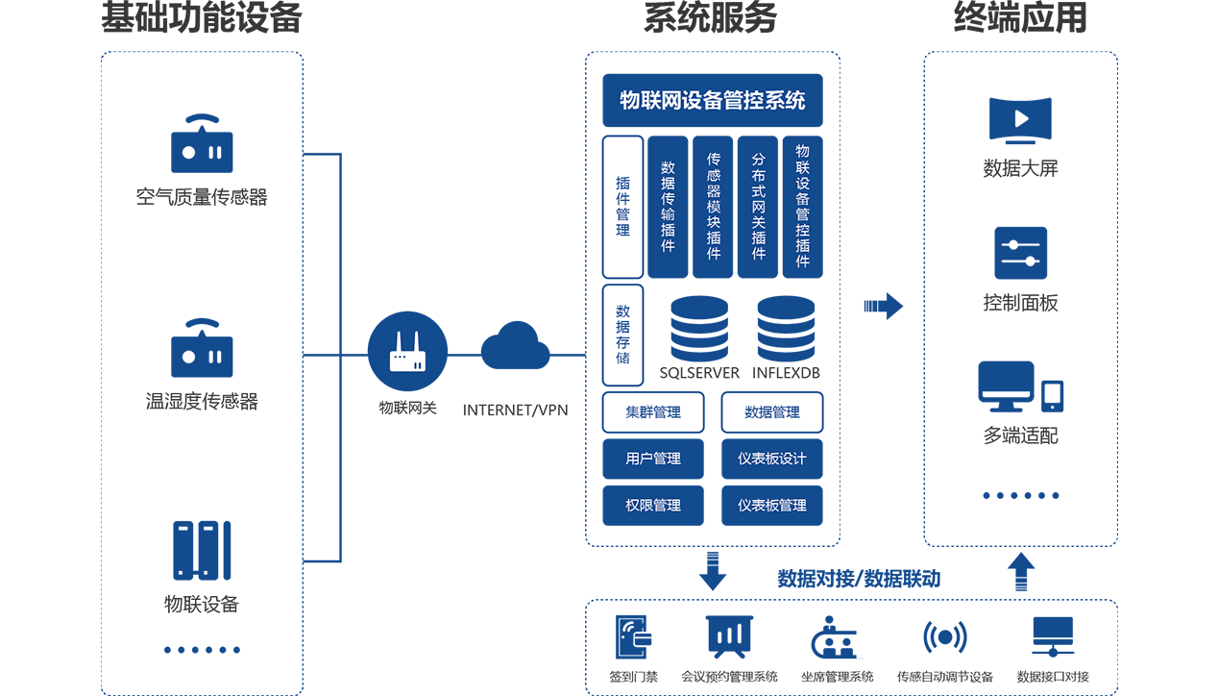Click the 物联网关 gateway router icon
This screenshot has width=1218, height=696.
[407, 353]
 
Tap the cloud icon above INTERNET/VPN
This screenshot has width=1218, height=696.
[516, 347]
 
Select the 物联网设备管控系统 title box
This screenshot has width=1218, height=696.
[713, 100]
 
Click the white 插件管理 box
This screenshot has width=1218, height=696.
[622, 206]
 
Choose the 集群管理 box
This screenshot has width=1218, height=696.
[653, 412]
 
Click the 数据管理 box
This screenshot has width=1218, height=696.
[772, 412]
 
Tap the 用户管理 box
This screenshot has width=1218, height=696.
[653, 459]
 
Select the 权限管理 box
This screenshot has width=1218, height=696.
[653, 505]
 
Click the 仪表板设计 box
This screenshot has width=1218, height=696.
[772, 459]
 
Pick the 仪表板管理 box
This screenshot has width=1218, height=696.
[772, 505]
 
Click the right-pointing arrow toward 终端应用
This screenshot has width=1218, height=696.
[883, 306]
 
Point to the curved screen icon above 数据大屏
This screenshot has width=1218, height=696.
[1021, 121]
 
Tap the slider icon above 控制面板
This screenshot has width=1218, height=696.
[1020, 253]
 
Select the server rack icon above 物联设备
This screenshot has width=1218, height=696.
[202, 550]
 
